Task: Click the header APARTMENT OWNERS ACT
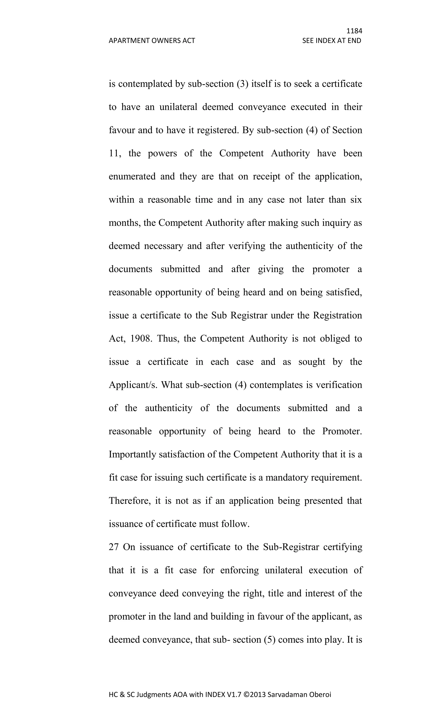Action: [x=152, y=41]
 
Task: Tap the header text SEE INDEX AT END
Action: [x=332, y=41]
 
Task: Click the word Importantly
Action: [x=133, y=454]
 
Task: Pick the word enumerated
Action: [x=132, y=176]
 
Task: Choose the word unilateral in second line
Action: [x=178, y=107]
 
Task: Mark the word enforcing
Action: [x=239, y=570]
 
